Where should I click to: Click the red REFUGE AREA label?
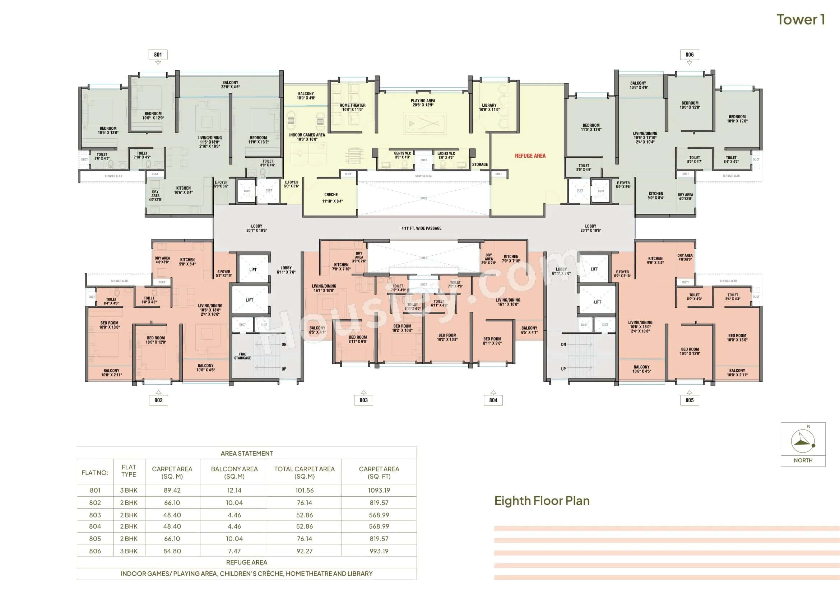click(530, 156)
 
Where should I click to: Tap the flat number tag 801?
click(158, 55)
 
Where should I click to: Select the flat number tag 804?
click(493, 400)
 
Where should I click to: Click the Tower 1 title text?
click(800, 20)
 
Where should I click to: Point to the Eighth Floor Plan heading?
click(542, 500)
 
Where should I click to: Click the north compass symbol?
click(803, 441)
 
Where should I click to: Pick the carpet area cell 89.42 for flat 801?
click(172, 490)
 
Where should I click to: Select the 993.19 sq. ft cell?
click(379, 551)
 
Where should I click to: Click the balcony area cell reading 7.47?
click(234, 551)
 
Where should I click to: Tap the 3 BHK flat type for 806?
click(129, 551)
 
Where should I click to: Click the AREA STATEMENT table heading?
click(247, 453)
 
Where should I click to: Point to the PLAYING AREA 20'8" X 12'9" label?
click(423, 103)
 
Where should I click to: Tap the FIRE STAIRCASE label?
click(242, 356)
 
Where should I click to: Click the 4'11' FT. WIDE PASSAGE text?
click(421, 228)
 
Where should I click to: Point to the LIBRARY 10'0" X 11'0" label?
click(489, 107)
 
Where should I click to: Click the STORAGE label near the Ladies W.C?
click(480, 164)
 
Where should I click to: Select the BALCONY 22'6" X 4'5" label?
click(230, 84)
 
